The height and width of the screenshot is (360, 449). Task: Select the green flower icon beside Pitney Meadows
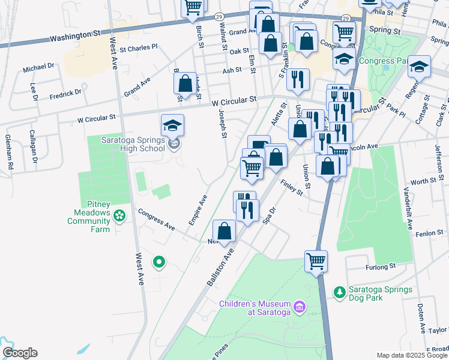coord(120,215)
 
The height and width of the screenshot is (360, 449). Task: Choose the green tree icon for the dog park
coord(340,292)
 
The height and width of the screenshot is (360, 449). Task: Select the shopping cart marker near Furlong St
coord(316,262)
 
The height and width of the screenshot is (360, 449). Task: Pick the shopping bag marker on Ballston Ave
coord(224,231)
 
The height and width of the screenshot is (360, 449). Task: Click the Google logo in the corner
coord(19,353)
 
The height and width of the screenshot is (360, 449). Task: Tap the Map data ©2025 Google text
coord(412,355)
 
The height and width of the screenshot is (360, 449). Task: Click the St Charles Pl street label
coord(139,46)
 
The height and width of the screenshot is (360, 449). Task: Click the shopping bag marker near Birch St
coord(185,83)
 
